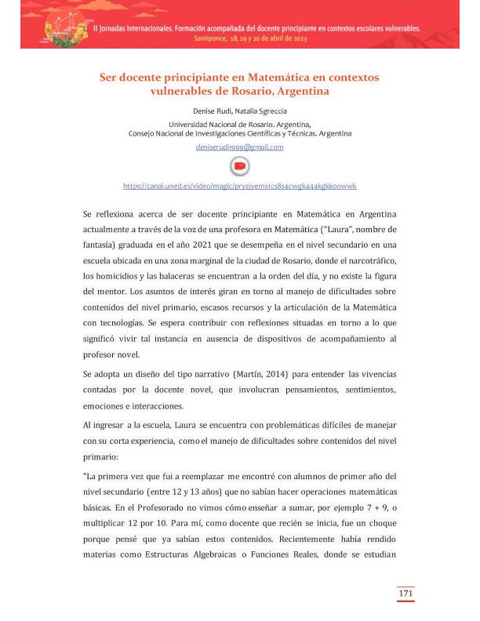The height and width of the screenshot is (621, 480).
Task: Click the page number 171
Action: click(405, 594)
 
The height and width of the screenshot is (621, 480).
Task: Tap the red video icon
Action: click(240, 166)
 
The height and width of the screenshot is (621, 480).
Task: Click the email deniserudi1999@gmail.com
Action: click(240, 147)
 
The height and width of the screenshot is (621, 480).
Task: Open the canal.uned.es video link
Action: click(240, 186)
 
